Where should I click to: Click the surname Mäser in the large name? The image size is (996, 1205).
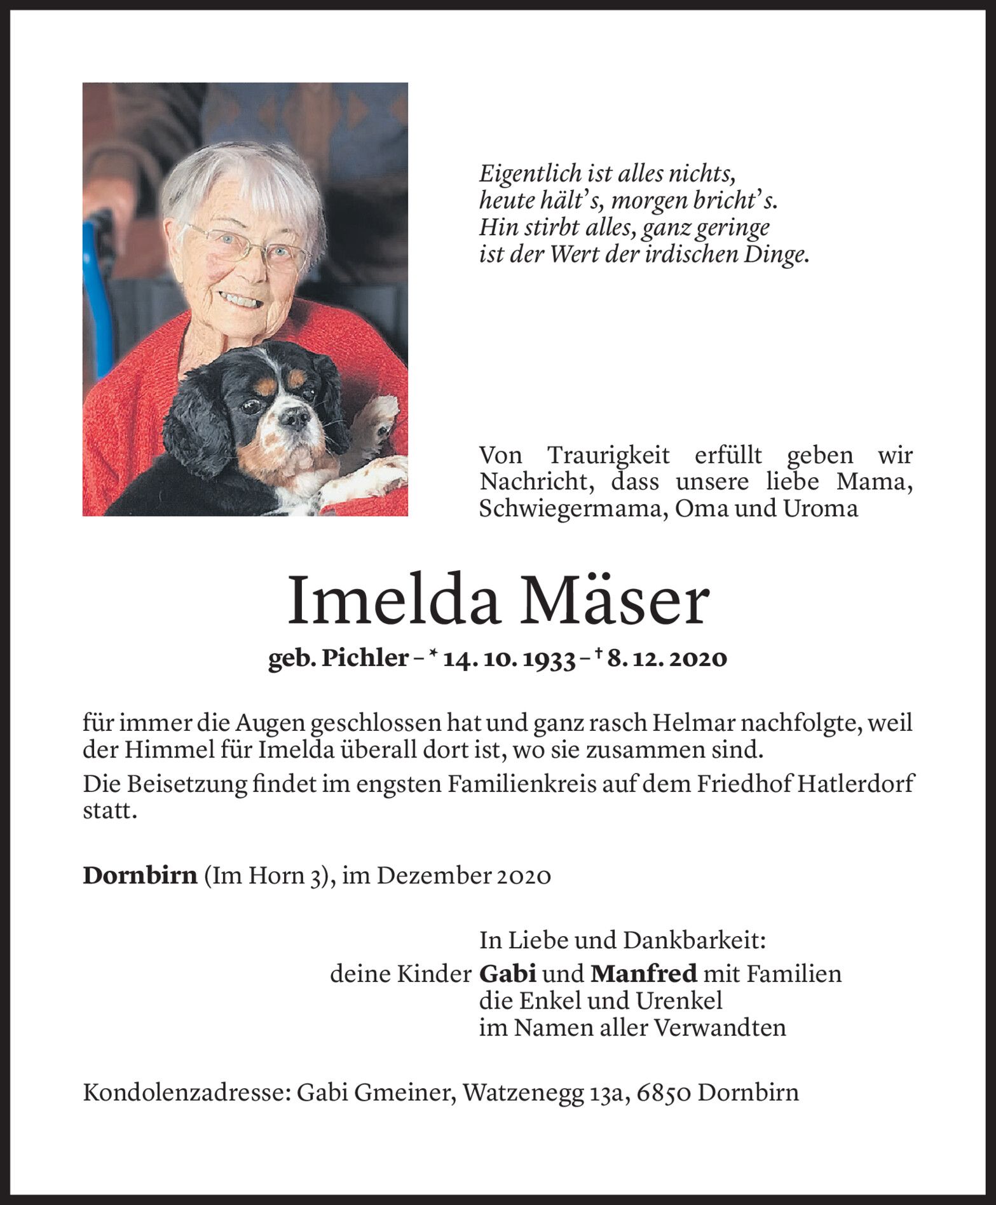[610, 601]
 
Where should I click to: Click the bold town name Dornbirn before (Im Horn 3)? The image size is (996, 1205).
[139, 876]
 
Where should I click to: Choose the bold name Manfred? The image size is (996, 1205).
[644, 974]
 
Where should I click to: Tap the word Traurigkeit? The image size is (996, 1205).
[609, 455]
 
